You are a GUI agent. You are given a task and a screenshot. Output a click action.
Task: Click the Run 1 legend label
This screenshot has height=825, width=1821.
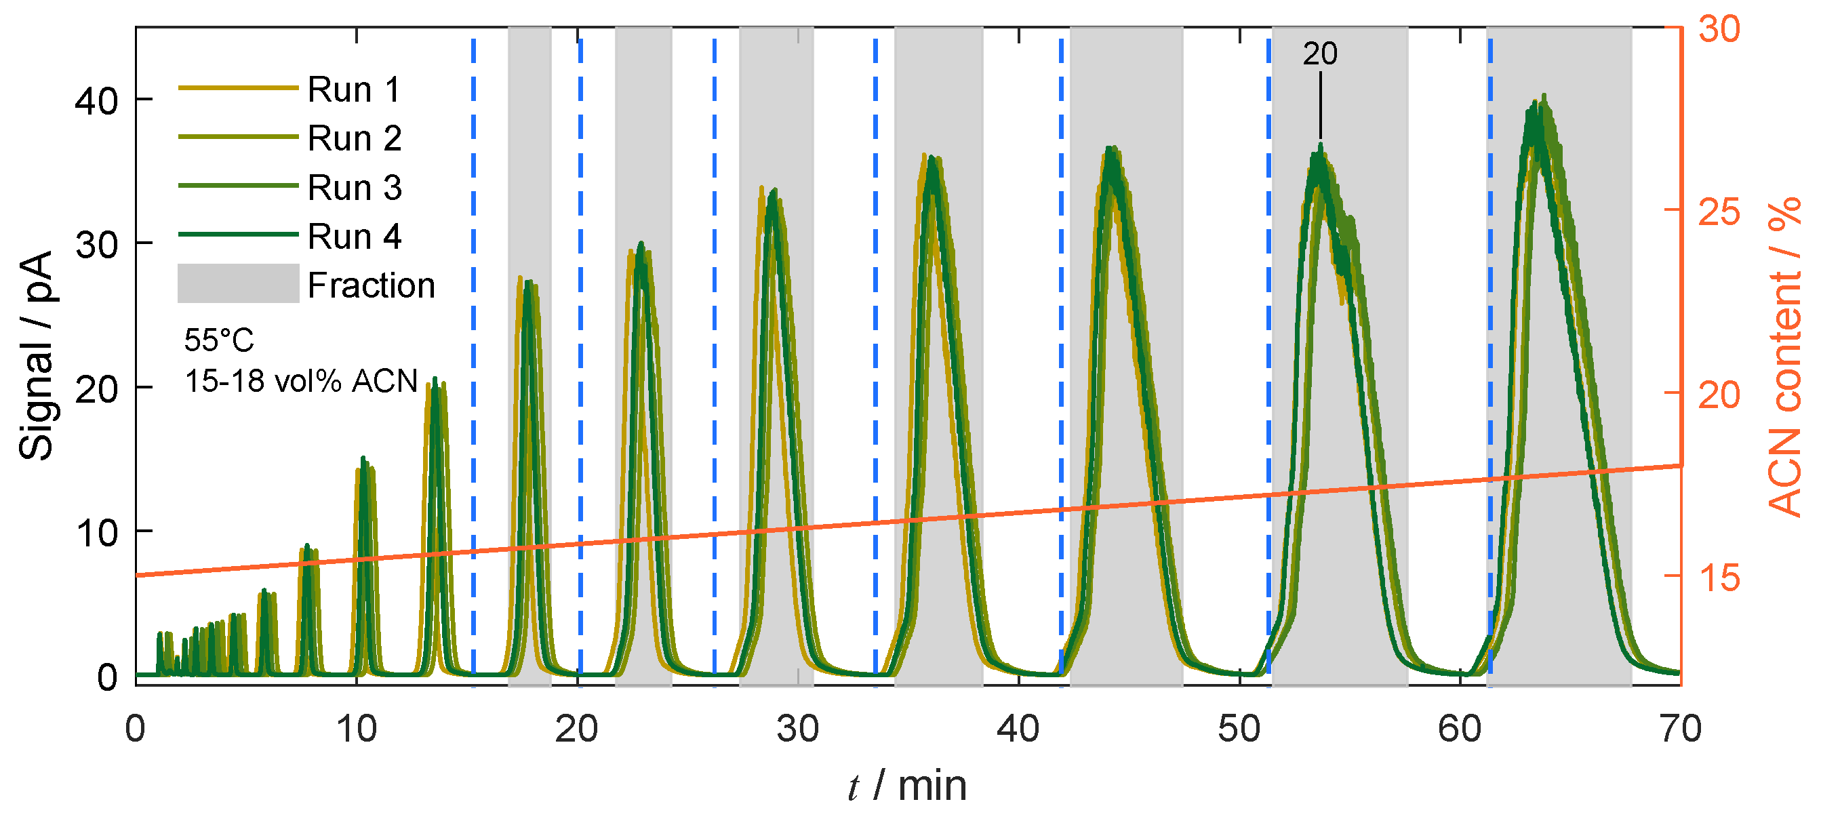click(353, 89)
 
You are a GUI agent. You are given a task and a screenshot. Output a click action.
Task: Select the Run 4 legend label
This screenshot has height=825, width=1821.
click(353, 236)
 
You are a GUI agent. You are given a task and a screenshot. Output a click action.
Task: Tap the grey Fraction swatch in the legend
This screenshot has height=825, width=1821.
click(238, 284)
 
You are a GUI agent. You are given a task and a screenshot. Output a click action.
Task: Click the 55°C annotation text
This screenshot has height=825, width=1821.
click(218, 340)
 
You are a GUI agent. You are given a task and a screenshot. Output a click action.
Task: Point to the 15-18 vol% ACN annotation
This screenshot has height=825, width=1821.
click(301, 381)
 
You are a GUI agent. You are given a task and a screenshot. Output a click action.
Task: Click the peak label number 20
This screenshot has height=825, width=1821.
click(1320, 54)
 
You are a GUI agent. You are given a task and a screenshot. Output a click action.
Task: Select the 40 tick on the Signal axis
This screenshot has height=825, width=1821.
click(96, 101)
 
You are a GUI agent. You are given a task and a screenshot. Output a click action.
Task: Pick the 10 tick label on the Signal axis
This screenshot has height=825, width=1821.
click(96, 533)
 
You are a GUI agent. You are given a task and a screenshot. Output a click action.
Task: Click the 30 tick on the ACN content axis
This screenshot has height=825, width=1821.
click(1719, 29)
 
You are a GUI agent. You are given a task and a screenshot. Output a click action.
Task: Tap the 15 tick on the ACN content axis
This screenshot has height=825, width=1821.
click(1719, 577)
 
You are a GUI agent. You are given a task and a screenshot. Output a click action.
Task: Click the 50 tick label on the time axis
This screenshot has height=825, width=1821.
click(1239, 729)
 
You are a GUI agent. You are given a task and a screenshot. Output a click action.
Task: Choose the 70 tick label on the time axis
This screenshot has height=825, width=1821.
click(1679, 729)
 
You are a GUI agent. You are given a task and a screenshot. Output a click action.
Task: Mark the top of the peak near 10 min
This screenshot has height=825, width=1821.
click(363, 458)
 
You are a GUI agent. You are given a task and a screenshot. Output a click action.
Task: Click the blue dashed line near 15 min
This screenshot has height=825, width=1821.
click(474, 353)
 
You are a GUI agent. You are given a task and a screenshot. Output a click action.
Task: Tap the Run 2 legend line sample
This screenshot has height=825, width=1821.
click(237, 136)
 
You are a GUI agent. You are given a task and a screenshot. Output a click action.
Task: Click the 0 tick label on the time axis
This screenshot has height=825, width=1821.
click(135, 729)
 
